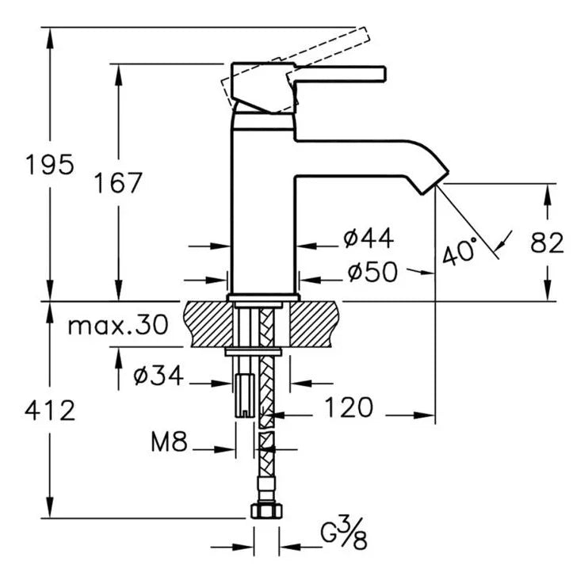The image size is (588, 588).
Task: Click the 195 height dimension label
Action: click(49, 165)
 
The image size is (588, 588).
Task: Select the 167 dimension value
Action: click(118, 184)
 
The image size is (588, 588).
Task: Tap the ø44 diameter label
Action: click(368, 237)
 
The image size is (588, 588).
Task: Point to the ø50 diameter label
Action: click(372, 272)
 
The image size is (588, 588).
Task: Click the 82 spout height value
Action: click(547, 243)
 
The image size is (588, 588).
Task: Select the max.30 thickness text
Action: click(118, 325)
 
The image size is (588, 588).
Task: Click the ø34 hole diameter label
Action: click(158, 376)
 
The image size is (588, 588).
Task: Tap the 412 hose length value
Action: click(49, 410)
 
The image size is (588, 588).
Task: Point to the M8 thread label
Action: click(169, 442)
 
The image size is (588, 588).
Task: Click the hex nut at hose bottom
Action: click(266, 510)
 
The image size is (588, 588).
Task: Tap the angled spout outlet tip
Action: click(433, 179)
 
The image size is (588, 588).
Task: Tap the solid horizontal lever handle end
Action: click(372, 74)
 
